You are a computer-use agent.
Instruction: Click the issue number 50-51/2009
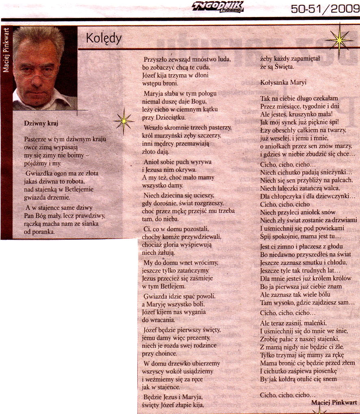pos(324,9)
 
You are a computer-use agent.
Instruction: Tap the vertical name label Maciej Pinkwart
pos(6,50)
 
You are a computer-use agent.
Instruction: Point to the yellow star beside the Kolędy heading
pos(337,39)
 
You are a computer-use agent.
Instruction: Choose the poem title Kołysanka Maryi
pos(283,82)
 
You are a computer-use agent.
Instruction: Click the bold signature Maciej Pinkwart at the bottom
pos(334,403)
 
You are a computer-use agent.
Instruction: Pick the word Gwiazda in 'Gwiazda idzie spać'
pos(155,296)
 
